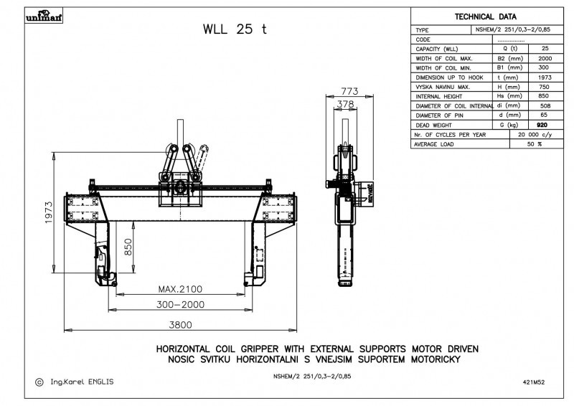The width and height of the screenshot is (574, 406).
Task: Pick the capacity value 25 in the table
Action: (545, 49)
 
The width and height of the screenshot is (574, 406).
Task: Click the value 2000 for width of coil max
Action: (545, 58)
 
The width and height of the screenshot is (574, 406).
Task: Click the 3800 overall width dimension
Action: (180, 324)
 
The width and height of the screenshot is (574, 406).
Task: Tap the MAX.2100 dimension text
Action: (180, 289)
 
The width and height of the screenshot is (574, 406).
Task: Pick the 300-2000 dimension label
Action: (180, 306)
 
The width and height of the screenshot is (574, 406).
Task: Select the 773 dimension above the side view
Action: (349, 91)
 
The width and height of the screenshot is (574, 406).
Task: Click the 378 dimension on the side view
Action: (346, 105)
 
